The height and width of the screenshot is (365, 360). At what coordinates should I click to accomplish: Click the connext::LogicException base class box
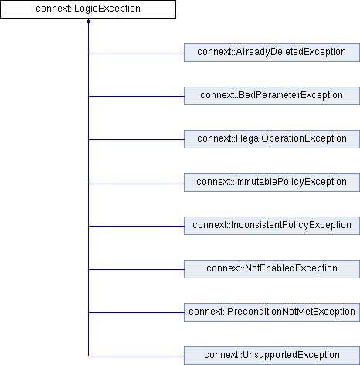pyautogui.click(x=88, y=9)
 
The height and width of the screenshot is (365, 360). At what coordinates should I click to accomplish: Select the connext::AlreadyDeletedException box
pyautogui.click(x=272, y=53)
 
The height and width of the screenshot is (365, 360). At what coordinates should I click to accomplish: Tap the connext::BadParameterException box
pyautogui.click(x=272, y=96)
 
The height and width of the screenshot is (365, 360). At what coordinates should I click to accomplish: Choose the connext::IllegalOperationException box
pyautogui.click(x=272, y=139)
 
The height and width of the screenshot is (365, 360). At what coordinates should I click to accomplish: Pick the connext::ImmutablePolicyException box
pyautogui.click(x=272, y=182)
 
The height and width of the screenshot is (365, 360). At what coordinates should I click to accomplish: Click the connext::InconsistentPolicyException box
pyautogui.click(x=272, y=226)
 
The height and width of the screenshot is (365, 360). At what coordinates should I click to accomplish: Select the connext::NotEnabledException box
pyautogui.click(x=272, y=269)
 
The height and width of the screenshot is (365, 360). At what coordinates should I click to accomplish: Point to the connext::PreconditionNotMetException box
pyautogui.click(x=272, y=312)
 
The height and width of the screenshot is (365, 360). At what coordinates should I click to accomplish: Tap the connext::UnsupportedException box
pyautogui.click(x=272, y=356)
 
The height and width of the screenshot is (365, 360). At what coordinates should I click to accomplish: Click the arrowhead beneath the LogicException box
pyautogui.click(x=88, y=21)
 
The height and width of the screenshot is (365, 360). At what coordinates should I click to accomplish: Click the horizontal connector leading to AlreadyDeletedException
pyautogui.click(x=136, y=53)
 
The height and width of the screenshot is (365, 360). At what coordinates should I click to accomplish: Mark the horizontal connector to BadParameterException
pyautogui.click(x=136, y=96)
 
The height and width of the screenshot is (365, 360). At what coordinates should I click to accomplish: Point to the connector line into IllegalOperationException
pyautogui.click(x=136, y=139)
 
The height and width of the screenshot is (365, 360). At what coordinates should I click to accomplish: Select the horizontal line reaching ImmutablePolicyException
pyautogui.click(x=136, y=182)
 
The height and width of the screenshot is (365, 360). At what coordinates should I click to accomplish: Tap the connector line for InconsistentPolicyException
pyautogui.click(x=136, y=226)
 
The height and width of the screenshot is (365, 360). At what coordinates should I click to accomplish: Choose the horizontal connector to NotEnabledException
pyautogui.click(x=136, y=269)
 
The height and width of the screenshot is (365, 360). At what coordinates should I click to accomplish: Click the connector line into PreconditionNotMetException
pyautogui.click(x=136, y=312)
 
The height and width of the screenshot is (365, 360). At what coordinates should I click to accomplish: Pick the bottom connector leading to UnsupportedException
pyautogui.click(x=136, y=356)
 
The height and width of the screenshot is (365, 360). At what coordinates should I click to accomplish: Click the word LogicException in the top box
pyautogui.click(x=107, y=9)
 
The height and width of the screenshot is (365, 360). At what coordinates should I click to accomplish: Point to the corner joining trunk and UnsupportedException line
pyautogui.click(x=88, y=356)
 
